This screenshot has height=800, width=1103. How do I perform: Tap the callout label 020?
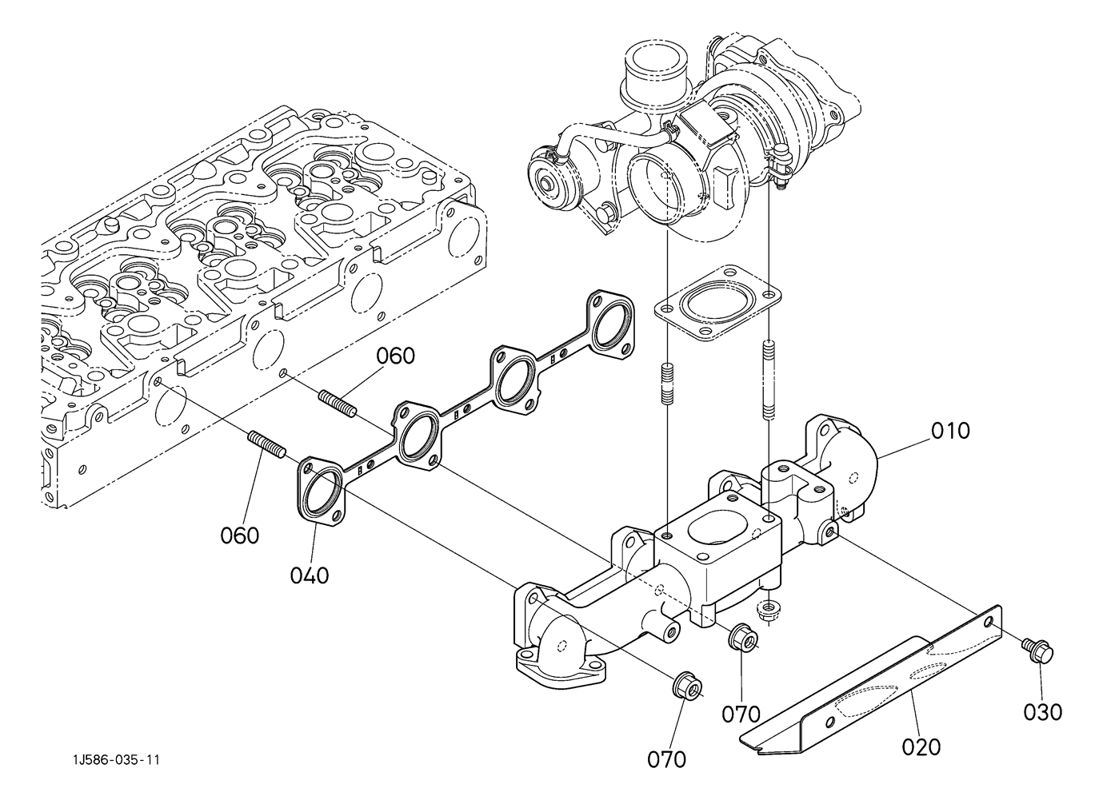click(921, 746)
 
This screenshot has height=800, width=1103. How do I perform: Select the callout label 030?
click(1043, 710)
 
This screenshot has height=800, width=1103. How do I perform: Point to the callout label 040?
click(310, 574)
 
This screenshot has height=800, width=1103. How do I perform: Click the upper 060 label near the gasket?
click(396, 356)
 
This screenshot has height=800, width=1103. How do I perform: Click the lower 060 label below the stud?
click(240, 535)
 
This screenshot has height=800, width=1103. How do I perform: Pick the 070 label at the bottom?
click(666, 758)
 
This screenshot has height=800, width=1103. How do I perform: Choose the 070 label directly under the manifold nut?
click(741, 713)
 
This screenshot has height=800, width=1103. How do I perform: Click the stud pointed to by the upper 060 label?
click(336, 402)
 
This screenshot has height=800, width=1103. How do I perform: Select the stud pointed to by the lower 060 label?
click(266, 444)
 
